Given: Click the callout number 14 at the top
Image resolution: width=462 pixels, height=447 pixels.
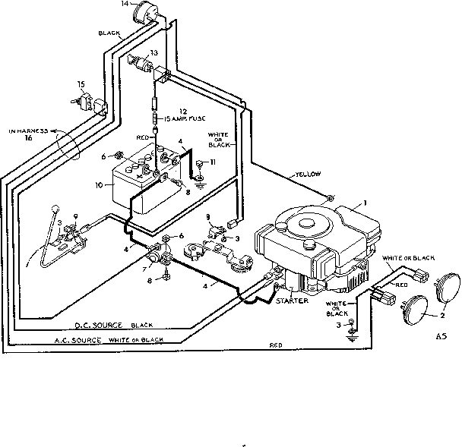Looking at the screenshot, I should click(125, 5).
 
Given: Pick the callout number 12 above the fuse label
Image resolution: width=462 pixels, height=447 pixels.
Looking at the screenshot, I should click(182, 111).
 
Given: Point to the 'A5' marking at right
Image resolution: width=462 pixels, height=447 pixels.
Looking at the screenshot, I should click(443, 335).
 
